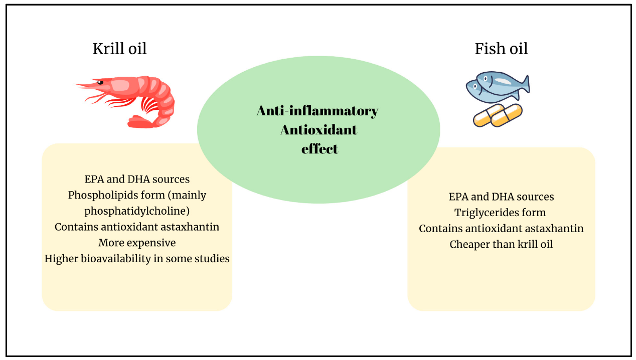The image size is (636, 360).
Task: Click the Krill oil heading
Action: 119,49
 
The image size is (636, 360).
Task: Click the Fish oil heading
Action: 501,49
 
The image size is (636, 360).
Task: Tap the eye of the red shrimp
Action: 100,82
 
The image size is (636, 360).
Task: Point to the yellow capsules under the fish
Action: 498,115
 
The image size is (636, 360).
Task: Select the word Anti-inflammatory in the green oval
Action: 317,111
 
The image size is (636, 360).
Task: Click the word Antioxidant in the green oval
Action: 319,130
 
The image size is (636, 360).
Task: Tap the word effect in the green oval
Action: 320,149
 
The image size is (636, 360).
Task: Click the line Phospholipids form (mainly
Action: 137,195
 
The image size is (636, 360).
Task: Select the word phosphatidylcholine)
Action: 137,211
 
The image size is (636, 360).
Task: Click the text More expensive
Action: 137,243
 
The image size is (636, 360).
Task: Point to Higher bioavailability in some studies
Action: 137,259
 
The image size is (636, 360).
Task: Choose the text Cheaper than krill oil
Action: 501,245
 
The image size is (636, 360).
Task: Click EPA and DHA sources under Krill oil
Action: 137,179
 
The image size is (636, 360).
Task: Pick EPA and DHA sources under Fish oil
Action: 501,197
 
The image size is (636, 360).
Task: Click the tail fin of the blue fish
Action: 524,84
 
